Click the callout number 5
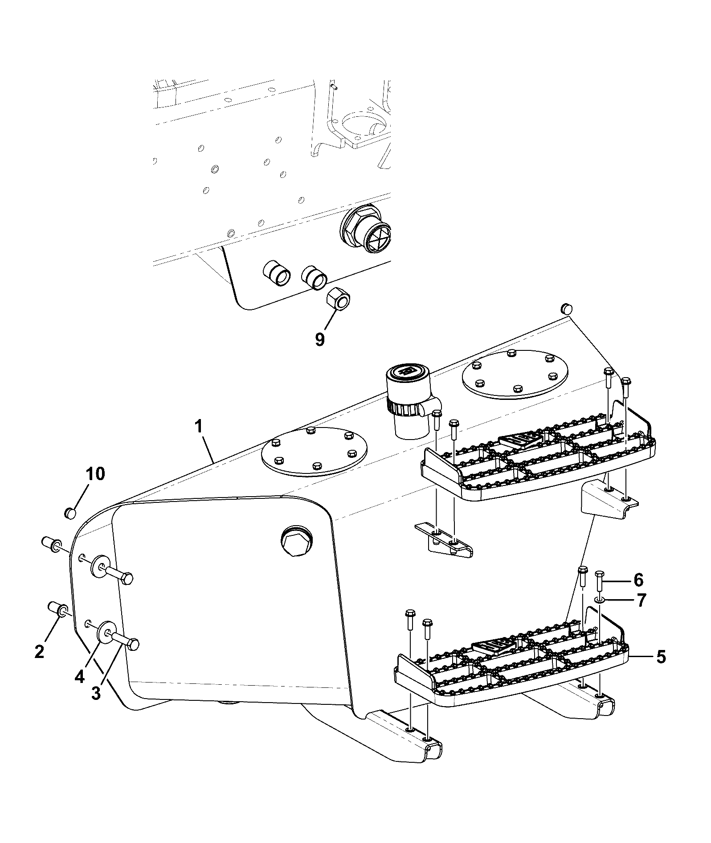point(661,657)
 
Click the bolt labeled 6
point(599,582)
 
